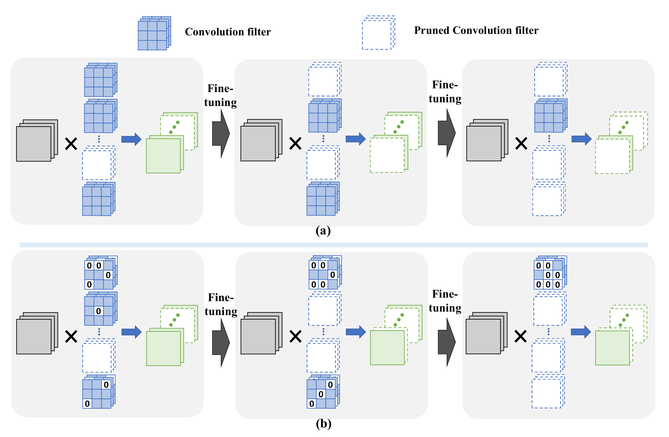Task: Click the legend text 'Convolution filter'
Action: click(x=227, y=32)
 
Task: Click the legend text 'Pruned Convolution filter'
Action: click(x=476, y=30)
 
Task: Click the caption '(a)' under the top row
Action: click(x=323, y=231)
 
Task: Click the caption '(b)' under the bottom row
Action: click(x=323, y=424)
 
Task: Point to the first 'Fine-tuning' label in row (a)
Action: click(x=220, y=96)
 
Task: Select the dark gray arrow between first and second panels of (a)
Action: click(x=221, y=134)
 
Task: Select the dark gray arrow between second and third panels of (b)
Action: click(x=446, y=342)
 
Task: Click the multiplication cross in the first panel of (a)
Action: click(x=71, y=144)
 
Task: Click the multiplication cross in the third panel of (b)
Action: click(x=520, y=336)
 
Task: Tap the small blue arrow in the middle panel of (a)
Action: click(x=355, y=139)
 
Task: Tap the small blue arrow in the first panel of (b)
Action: click(x=131, y=332)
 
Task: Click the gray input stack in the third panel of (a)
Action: click(x=486, y=140)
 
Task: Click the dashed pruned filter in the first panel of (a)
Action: click(x=98, y=164)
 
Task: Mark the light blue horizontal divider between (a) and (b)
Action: click(x=333, y=245)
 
